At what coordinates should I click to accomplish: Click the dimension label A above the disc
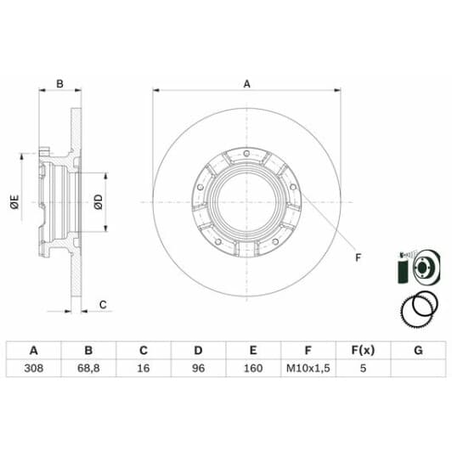[247, 83]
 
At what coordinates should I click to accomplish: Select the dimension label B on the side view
[60, 83]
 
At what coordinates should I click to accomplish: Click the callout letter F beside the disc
[358, 257]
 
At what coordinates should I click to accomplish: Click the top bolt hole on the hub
[246, 153]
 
